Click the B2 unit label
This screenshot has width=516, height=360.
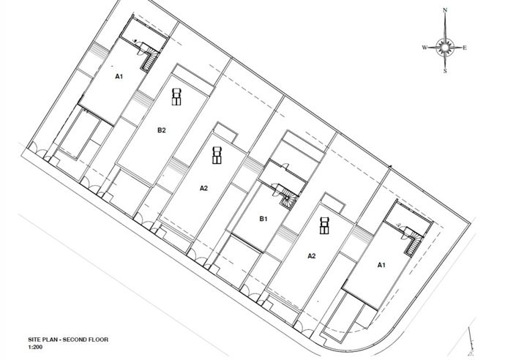pos(162,130)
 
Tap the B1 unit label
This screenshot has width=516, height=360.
pos(264,218)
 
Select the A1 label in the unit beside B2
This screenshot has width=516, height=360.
pos(118,75)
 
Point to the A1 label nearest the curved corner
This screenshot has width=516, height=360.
pos(381,265)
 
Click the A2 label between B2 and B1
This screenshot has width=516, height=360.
pos(204,188)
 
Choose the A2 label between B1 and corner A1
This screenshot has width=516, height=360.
pos(311,255)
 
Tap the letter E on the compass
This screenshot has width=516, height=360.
pos(465,48)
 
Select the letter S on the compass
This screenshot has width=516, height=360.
pos(444,72)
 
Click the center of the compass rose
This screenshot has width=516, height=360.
pos(444,48)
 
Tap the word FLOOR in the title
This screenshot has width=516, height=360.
pos(104,342)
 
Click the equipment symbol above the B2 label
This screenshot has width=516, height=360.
pos(176,95)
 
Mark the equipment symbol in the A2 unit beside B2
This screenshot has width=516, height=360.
pos(217,155)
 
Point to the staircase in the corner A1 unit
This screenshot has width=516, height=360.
pos(414,241)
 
